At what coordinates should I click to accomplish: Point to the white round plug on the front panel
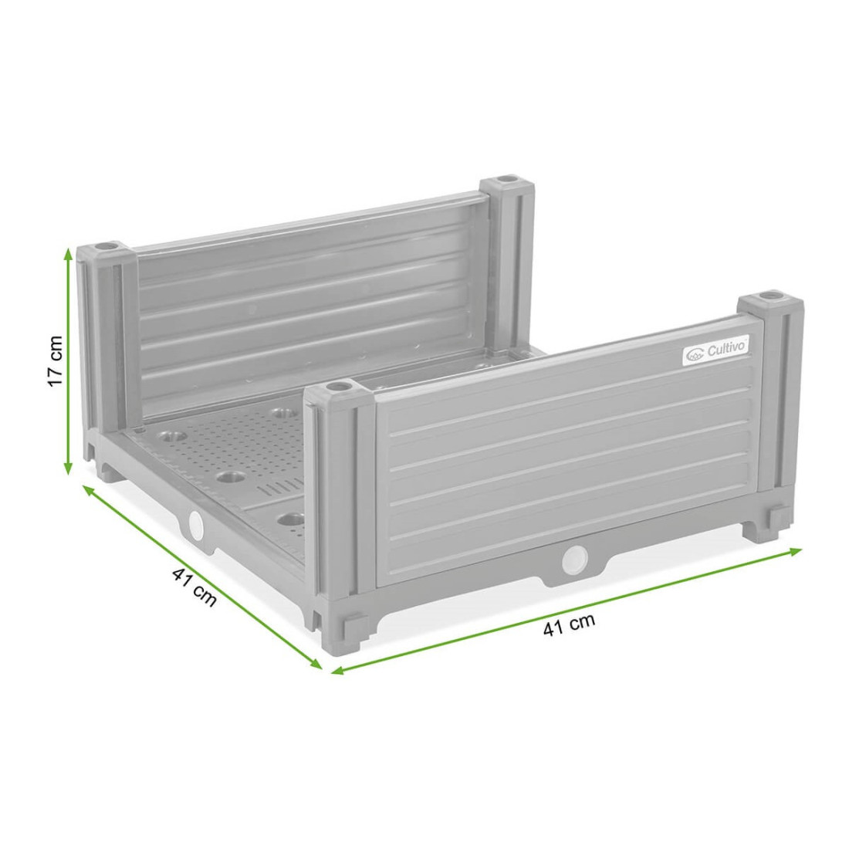click(573, 557)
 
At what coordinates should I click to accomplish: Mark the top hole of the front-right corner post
click(769, 296)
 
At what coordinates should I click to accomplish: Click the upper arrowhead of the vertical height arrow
click(69, 252)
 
